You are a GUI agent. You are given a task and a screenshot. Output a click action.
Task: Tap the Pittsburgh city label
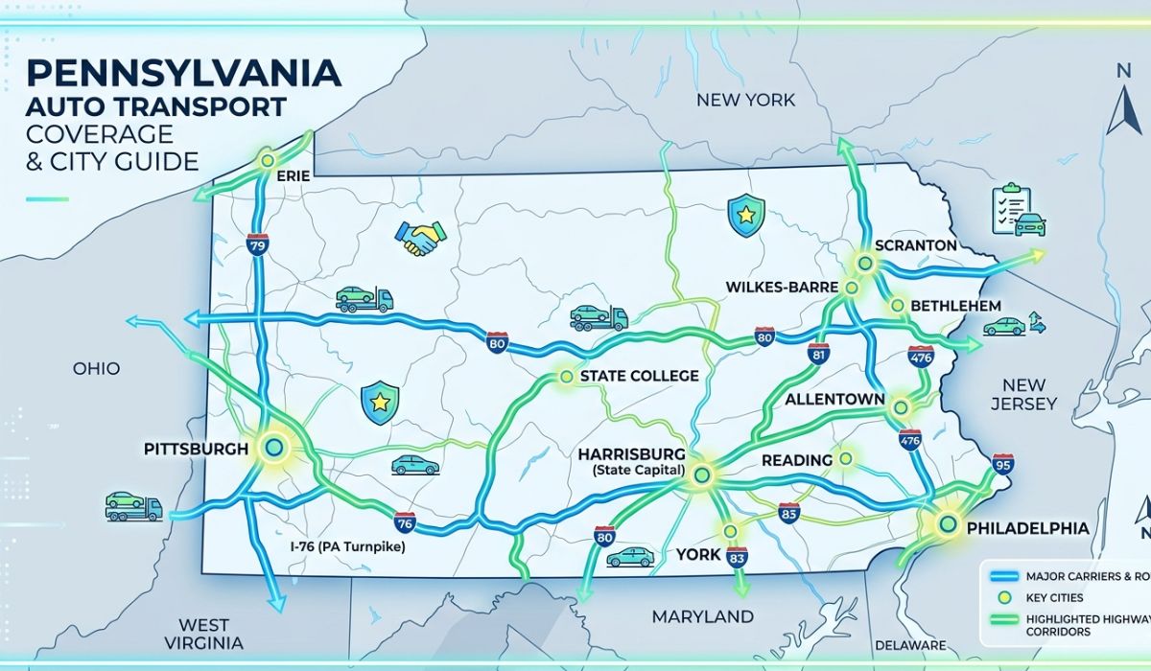(x=196, y=449)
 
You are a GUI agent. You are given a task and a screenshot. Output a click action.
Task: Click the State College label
(x=640, y=376)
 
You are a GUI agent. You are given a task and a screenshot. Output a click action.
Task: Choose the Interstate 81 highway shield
(x=818, y=354)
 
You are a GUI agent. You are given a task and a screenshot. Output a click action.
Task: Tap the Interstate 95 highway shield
(x=1004, y=466)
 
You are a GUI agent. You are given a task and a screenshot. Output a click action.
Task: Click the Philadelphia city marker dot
(x=948, y=523)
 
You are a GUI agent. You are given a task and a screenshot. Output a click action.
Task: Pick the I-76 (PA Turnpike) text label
(x=348, y=546)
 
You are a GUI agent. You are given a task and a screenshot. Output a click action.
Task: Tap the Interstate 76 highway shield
(x=405, y=522)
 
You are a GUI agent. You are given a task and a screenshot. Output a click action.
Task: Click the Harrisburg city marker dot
(x=702, y=474)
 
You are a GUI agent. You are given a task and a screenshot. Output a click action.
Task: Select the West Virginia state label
(x=203, y=634)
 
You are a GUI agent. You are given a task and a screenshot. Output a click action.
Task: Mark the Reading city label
(x=796, y=461)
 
